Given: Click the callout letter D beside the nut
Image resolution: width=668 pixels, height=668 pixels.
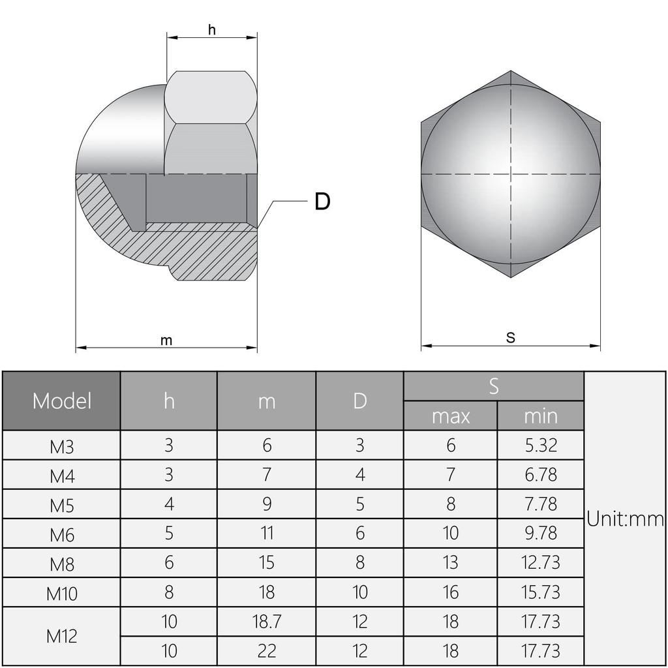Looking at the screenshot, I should click(322, 202).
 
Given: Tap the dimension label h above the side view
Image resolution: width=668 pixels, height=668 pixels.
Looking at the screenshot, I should click(211, 29).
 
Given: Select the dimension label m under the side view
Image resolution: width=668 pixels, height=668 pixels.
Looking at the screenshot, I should click(166, 341).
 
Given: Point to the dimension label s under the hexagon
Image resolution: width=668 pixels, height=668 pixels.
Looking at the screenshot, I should click(511, 337).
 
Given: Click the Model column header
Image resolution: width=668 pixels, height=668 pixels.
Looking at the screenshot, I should click(62, 401).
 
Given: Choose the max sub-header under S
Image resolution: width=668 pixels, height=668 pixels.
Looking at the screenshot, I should click(450, 416).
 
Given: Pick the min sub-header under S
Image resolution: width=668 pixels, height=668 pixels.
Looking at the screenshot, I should click(540, 416).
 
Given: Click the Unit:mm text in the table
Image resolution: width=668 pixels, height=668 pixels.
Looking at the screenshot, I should click(625, 519).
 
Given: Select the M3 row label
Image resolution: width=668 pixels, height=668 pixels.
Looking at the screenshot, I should click(62, 447).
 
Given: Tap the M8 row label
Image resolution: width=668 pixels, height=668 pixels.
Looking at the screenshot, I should click(62, 564).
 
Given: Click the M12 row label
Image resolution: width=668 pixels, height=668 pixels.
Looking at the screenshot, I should click(62, 636).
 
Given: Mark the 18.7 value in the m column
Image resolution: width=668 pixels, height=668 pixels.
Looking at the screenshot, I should click(266, 621).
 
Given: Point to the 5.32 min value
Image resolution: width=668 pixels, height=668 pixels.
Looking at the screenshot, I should click(540, 446).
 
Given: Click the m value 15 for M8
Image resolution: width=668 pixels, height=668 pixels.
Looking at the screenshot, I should click(266, 562).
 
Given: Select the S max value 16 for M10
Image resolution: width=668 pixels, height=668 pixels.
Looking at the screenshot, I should click(450, 592).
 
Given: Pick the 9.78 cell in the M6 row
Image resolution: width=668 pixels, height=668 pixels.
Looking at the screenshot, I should click(540, 533).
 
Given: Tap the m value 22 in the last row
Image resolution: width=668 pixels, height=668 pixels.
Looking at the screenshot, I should click(266, 650).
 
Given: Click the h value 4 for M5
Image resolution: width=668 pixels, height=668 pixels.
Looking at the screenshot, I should click(169, 504).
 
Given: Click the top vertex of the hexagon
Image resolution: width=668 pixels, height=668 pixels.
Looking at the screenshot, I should click(511, 71).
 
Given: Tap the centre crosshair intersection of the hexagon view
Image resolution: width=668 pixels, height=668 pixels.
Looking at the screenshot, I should click(511, 174).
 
